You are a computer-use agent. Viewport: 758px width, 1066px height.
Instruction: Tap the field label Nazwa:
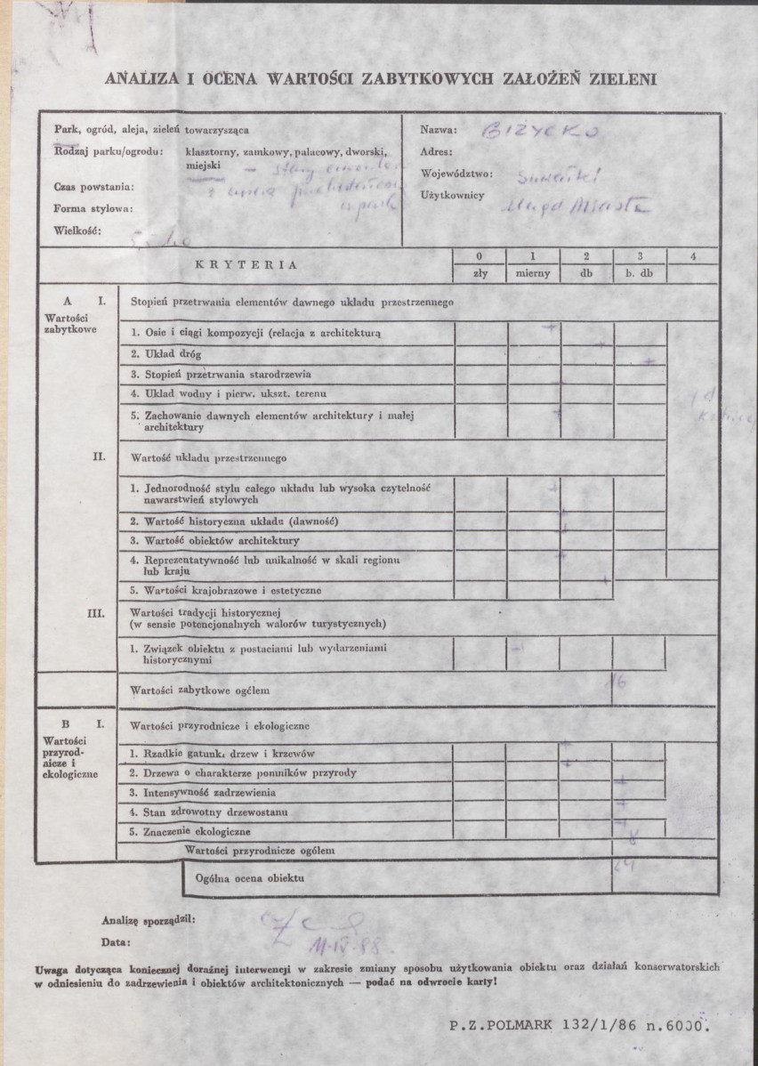pyautogui.click(x=438, y=130)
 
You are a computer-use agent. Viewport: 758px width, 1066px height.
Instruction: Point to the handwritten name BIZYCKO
pyautogui.click(x=542, y=133)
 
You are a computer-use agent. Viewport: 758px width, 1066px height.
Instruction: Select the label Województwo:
pyautogui.click(x=456, y=174)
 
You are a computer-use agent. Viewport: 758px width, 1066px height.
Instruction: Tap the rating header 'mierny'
pyautogui.click(x=533, y=274)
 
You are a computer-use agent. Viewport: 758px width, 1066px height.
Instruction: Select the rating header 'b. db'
pyautogui.click(x=639, y=274)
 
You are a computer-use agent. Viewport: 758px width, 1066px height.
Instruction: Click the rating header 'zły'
pyautogui.click(x=481, y=274)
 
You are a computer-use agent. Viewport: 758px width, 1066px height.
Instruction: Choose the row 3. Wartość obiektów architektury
pyautogui.click(x=214, y=540)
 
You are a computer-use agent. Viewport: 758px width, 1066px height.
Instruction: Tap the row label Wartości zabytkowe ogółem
pyautogui.click(x=199, y=690)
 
